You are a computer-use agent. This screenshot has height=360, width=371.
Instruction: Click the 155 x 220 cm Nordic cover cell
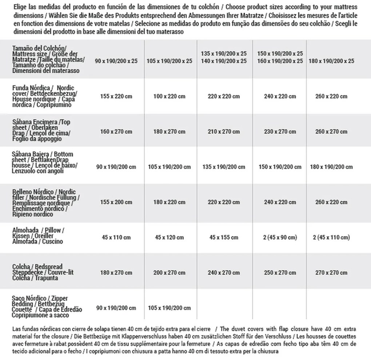click(115, 96)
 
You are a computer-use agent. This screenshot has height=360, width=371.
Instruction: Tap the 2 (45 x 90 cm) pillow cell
click(280, 238)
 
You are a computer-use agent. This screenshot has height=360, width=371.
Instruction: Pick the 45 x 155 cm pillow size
click(224, 238)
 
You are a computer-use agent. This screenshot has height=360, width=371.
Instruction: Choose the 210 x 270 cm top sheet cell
click(224, 131)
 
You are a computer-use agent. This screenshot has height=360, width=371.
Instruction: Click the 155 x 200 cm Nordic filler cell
click(115, 202)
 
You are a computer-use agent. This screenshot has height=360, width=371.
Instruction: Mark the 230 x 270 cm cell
click(280, 131)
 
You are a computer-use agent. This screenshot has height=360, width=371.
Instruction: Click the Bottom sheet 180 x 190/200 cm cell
click(331, 167)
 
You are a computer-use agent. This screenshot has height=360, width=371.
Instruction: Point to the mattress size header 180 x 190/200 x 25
click(331, 61)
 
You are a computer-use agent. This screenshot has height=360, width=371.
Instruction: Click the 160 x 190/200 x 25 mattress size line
click(280, 61)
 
